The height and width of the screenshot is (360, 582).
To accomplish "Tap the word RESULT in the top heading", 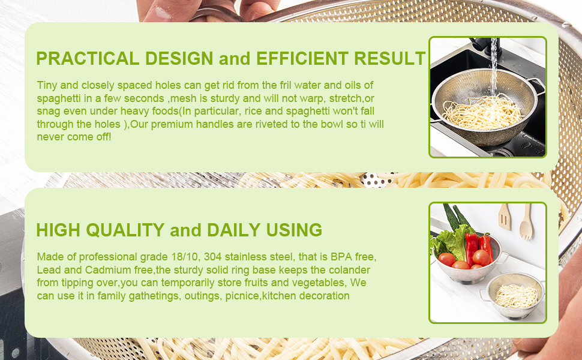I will (x=389, y=59).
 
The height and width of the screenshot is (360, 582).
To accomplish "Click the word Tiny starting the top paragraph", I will (x=47, y=86).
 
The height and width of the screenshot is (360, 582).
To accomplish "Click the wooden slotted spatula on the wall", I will (x=505, y=218).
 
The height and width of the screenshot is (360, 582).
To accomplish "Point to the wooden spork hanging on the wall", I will (x=526, y=220).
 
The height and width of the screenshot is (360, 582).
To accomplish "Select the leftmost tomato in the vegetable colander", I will (x=446, y=259).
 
